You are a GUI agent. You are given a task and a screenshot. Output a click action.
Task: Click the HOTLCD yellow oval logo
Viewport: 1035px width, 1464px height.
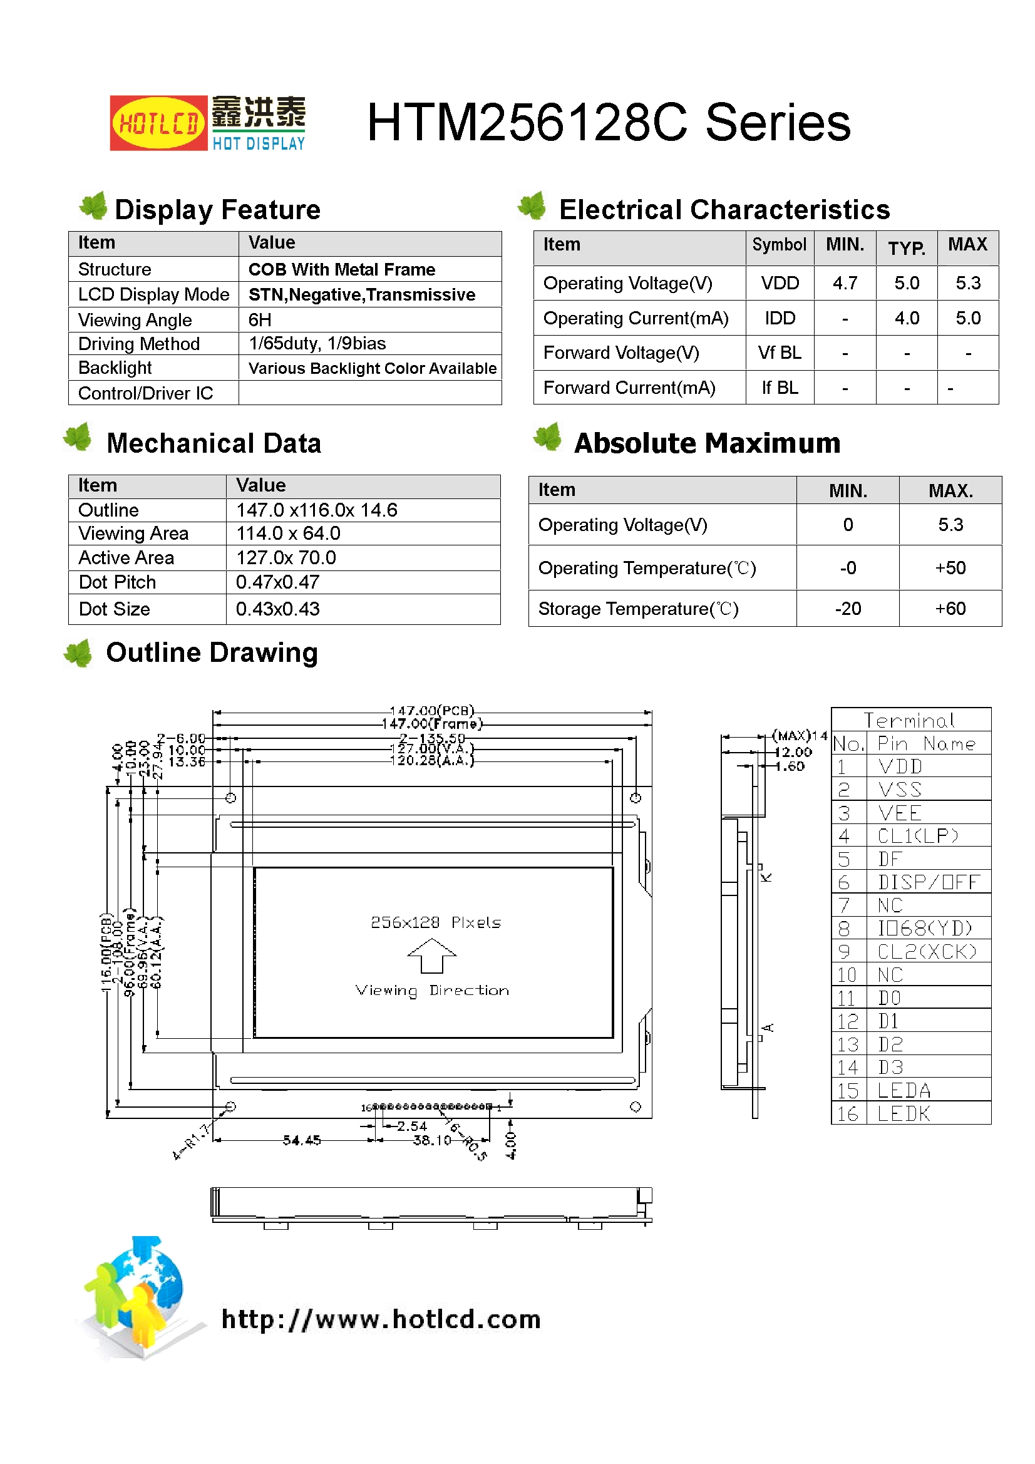pos(158,123)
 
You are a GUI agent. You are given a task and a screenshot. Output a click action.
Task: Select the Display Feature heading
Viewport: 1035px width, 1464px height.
pos(217,210)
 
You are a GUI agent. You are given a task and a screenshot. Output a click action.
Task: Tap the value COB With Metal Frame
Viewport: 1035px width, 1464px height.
pos(341,269)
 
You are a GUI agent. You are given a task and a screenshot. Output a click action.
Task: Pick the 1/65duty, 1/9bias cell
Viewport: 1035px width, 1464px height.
pos(317,344)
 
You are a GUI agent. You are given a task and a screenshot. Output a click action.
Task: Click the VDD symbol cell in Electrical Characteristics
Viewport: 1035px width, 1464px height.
pos(780,283)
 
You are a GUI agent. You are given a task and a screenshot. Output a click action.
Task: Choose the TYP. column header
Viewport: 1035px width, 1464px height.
pos(906,248)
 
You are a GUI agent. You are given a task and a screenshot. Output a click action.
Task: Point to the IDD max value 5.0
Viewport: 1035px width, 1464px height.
pos(967,318)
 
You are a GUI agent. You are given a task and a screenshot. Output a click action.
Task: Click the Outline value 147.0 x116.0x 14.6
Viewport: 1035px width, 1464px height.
pos(316,510)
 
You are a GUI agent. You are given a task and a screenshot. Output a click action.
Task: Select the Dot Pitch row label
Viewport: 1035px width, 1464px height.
pos(117,582)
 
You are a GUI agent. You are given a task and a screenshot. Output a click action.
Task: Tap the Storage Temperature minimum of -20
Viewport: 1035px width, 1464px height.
pos(848,609)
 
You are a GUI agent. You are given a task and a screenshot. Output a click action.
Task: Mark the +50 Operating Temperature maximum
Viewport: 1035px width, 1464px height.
pos(950,568)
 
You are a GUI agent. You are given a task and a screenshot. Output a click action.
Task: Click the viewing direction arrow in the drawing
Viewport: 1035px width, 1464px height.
pos(432,956)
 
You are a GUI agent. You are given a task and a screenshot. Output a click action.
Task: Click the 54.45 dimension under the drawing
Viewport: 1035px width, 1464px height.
pos(302,1140)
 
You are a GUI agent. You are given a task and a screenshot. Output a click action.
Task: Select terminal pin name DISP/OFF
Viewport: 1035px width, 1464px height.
pos(927,882)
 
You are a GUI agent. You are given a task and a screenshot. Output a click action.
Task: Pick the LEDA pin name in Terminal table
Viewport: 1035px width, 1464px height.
pos(904,1091)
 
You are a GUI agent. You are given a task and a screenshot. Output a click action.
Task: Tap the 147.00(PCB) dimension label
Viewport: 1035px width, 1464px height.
pos(432,710)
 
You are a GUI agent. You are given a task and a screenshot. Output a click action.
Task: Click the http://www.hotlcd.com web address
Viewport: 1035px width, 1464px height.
pos(381,1319)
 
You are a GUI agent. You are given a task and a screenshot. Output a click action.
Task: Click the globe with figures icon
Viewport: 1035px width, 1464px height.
pos(137,1297)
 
